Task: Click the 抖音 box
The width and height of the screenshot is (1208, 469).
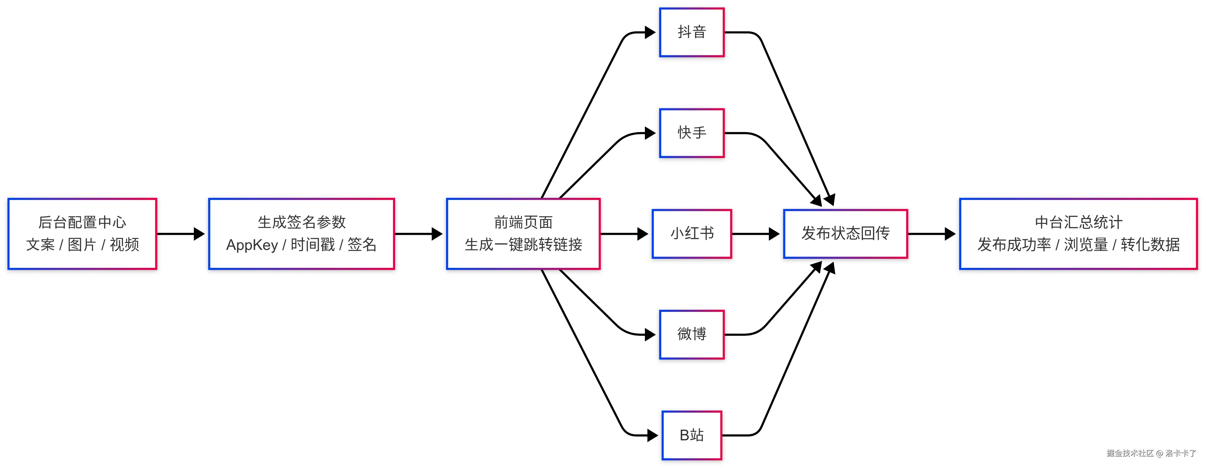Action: [x=692, y=32]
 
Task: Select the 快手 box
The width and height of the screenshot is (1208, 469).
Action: [x=692, y=133]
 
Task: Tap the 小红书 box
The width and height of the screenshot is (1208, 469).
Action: [x=692, y=234]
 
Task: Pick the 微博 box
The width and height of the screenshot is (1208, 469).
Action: [x=692, y=334]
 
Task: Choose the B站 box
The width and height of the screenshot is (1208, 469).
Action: [x=692, y=435]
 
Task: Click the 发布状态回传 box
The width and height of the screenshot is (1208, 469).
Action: [x=846, y=234]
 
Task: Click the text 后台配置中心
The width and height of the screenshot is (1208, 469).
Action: [x=82, y=222]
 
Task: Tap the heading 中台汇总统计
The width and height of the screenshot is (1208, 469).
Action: [x=1079, y=222]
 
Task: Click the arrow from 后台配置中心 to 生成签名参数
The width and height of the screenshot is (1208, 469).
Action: [x=181, y=234]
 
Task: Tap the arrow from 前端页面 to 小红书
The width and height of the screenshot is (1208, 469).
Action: [x=624, y=234]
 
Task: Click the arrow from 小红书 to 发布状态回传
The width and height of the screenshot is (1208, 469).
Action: [x=755, y=234]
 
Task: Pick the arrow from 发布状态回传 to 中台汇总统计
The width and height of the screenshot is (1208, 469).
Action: [x=931, y=234]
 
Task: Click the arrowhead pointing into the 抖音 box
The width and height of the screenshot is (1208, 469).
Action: [x=651, y=32]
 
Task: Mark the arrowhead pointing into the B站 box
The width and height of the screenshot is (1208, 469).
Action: [x=653, y=435]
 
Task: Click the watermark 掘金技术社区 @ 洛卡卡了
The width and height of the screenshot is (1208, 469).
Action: [x=1151, y=453]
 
